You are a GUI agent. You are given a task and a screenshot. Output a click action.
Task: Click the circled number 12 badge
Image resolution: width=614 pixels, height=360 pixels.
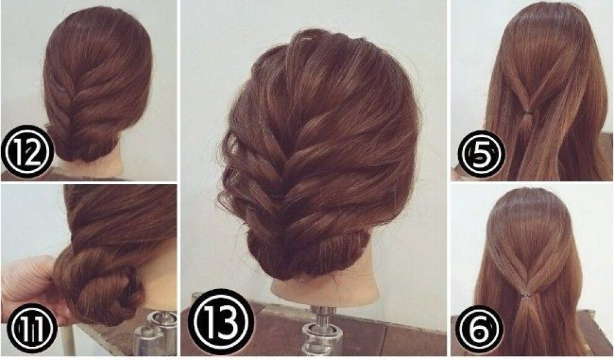pyautogui.click(x=28, y=152)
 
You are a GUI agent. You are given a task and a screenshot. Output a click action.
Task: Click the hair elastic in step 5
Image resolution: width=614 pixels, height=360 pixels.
pyautogui.click(x=528, y=113)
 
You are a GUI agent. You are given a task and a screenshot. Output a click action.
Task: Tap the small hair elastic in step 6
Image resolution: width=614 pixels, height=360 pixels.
pyautogui.click(x=529, y=293)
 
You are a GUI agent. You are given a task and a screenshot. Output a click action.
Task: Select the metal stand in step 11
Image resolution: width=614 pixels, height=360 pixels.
pyautogui.click(x=156, y=333)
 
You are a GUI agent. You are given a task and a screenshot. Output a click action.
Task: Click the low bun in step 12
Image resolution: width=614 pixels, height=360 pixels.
pyautogui.click(x=84, y=145)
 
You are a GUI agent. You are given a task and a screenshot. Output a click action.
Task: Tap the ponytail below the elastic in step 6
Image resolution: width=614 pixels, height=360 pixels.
pyautogui.click(x=529, y=325)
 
